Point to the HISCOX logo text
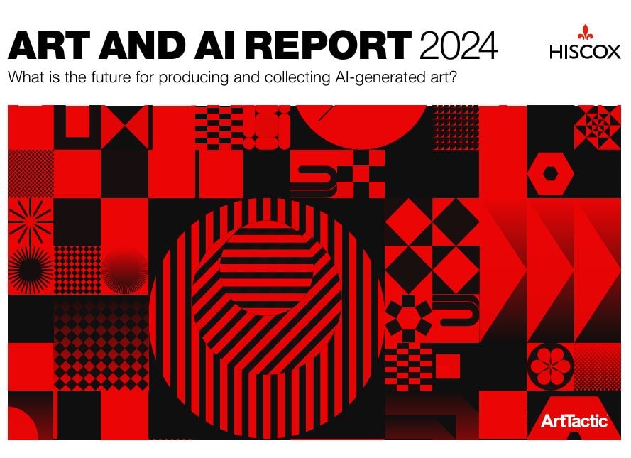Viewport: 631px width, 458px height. click(x=584, y=52)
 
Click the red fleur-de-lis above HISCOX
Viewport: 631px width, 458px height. click(x=584, y=33)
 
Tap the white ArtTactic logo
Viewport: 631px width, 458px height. click(x=574, y=420)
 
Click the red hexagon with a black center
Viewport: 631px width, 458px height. click(x=549, y=173)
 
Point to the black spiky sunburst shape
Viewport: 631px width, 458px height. click(x=31, y=270)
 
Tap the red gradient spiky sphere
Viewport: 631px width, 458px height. click(x=124, y=270)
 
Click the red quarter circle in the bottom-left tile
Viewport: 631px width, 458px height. click(x=21, y=426)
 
